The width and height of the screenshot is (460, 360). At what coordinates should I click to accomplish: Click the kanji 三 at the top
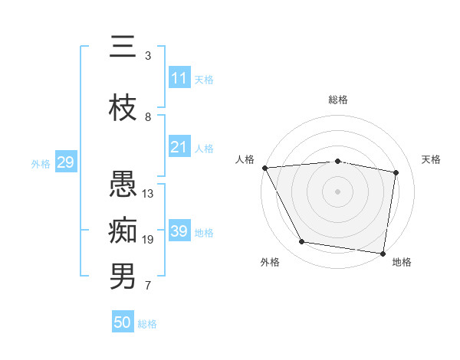(123, 47)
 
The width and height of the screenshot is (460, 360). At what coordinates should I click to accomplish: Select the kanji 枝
(123, 107)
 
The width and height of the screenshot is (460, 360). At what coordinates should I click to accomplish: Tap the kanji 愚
(123, 184)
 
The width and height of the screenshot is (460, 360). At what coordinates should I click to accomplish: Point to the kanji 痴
(123, 230)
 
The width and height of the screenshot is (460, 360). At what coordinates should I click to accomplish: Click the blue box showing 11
(179, 78)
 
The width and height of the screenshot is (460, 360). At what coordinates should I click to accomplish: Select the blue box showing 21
(179, 147)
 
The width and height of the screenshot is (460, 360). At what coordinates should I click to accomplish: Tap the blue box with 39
(179, 231)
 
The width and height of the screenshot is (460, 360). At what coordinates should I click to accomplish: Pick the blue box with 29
(65, 162)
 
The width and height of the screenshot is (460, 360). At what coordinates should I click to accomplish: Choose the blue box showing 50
(123, 322)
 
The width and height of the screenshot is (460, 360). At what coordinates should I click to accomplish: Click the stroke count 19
(148, 240)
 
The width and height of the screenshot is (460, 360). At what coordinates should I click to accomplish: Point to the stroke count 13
(148, 194)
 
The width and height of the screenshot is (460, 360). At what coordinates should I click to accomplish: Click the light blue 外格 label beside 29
(41, 163)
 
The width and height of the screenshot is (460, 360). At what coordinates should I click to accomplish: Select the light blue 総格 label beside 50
(147, 324)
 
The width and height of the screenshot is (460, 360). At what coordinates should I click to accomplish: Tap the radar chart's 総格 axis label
(338, 100)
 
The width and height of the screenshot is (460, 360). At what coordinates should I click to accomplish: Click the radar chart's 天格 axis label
(432, 159)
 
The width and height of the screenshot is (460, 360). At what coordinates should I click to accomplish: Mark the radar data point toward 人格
(264, 168)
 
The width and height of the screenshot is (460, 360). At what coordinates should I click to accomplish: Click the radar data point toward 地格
(383, 253)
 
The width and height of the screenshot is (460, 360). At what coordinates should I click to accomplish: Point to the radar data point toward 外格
(302, 242)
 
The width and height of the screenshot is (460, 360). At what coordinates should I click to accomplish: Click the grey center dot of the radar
(338, 191)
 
